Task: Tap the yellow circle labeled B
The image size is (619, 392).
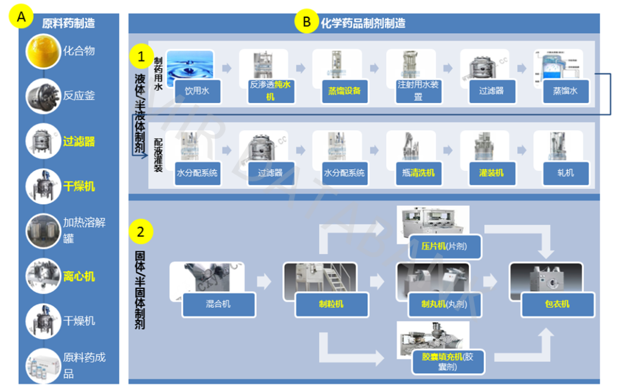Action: tap(307, 22)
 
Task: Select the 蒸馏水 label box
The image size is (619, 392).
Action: tap(565, 91)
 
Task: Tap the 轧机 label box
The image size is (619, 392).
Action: tap(565, 173)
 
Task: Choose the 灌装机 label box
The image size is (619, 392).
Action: tap(492, 173)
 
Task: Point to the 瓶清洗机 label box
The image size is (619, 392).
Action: tap(418, 173)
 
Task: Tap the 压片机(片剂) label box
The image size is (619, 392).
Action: tap(444, 246)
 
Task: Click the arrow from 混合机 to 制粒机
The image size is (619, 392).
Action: tap(264, 281)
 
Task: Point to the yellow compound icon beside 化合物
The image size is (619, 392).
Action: tap(44, 50)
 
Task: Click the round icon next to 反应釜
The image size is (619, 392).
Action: tap(44, 96)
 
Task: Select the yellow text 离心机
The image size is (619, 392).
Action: tap(79, 276)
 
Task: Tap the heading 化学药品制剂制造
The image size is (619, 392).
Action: tap(363, 23)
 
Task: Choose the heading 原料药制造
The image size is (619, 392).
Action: tap(68, 23)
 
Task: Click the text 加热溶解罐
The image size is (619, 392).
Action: tap(84, 230)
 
